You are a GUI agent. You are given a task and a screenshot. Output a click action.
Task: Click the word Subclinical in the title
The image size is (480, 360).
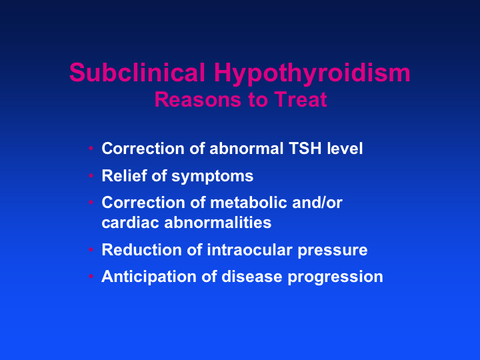point(137,72)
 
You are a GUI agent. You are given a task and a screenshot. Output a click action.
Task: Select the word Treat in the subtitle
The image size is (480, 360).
point(301,99)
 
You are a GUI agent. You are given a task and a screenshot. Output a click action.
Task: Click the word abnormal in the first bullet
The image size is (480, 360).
point(247,149)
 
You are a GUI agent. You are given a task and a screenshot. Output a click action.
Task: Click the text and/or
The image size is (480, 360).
point(317,203)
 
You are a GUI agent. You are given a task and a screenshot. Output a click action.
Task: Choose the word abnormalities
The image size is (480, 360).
point(217,222)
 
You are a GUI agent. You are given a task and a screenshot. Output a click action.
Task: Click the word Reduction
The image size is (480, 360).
point(142,250)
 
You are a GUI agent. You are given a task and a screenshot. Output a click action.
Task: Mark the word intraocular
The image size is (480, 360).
point(249,250)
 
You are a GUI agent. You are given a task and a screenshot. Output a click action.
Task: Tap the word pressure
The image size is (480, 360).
point(333,251)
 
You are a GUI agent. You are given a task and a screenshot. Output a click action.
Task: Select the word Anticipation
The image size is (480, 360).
point(149,277)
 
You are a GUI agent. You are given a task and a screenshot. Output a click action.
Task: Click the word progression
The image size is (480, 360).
point(335,278)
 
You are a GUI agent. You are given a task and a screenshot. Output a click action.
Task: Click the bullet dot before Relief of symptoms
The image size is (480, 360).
point(91,175)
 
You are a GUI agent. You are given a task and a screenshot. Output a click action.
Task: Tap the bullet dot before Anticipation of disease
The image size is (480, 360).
point(91,277)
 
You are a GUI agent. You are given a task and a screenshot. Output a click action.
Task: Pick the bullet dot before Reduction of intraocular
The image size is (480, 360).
point(91,249)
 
